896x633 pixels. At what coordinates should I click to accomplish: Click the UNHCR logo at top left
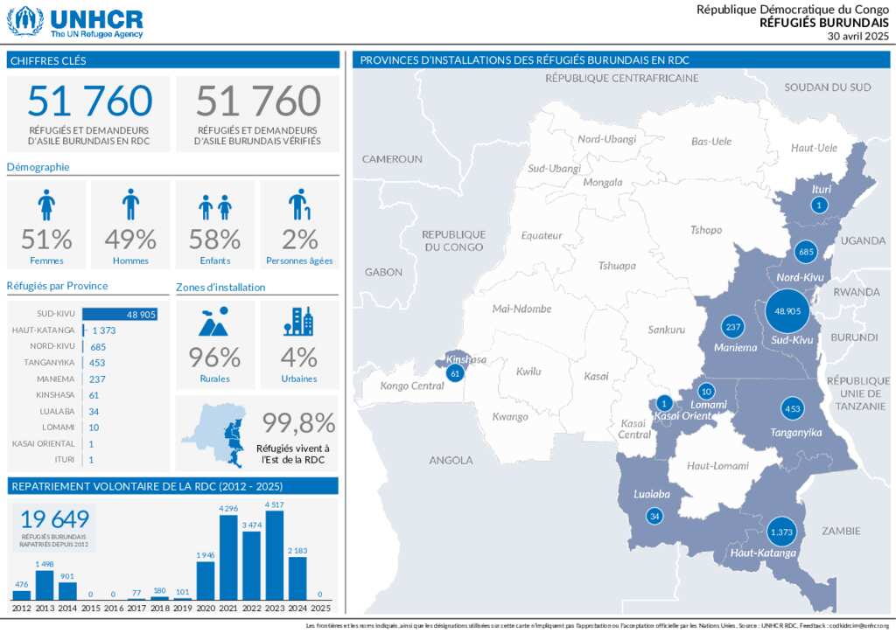coord(74,22)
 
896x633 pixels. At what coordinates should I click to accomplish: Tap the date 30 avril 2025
coord(857,36)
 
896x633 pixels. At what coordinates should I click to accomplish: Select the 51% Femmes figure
coord(46,239)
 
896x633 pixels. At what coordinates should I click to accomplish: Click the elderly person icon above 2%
coord(299,205)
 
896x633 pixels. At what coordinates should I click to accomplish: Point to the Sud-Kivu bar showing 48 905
coord(120,314)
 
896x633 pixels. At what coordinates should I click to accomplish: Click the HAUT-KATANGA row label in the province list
coord(44,330)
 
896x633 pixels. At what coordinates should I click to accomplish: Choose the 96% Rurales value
coord(214,358)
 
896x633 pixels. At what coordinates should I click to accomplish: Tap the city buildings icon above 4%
coord(298,322)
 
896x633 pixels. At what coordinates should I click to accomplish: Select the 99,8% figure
coord(299,423)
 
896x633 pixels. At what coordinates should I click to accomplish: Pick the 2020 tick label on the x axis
coord(206,608)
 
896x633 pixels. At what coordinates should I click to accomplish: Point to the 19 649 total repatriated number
coord(54,518)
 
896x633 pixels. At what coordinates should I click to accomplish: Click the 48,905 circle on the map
coord(783,311)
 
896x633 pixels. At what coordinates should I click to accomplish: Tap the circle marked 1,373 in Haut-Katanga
coord(780,532)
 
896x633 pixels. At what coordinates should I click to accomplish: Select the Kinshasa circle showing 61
coord(454,373)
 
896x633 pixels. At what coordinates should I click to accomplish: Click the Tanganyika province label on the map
coord(796,433)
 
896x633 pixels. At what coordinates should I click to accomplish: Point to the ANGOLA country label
coord(451,460)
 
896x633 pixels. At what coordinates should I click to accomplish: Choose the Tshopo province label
coord(706,231)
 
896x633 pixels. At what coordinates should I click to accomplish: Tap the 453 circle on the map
coord(792,409)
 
